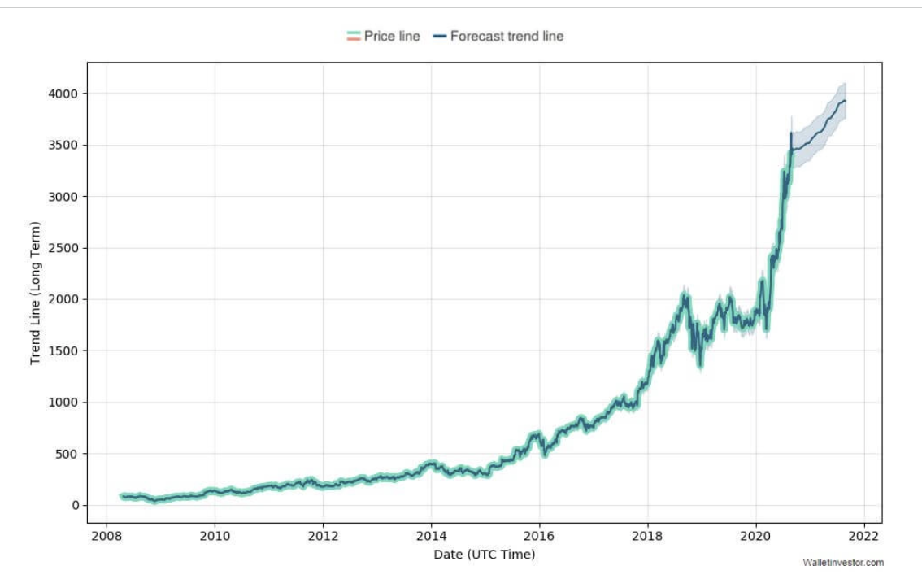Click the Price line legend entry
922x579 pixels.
point(383,37)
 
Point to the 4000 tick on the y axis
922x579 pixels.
point(62,94)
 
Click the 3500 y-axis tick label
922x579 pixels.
point(62,146)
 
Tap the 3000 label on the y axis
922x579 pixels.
point(62,197)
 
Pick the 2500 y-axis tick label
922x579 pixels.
point(62,248)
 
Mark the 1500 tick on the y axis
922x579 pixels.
point(62,351)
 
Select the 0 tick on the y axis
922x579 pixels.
point(76,505)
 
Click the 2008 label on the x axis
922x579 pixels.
point(106,536)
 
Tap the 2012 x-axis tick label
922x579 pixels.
point(323,536)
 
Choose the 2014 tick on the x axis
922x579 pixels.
point(431,536)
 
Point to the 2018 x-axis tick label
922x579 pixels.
point(647,536)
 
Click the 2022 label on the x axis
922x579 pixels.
point(863,536)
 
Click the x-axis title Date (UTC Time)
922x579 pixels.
point(485,555)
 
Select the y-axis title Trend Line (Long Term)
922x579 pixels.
point(35,292)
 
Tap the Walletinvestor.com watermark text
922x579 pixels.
point(842,563)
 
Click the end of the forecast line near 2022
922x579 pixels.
point(846,101)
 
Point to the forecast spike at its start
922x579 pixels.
point(791,133)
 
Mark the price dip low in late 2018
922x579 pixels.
point(700,364)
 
